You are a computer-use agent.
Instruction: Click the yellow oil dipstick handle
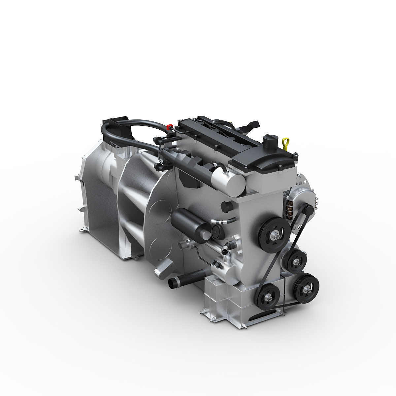[x=286, y=142]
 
